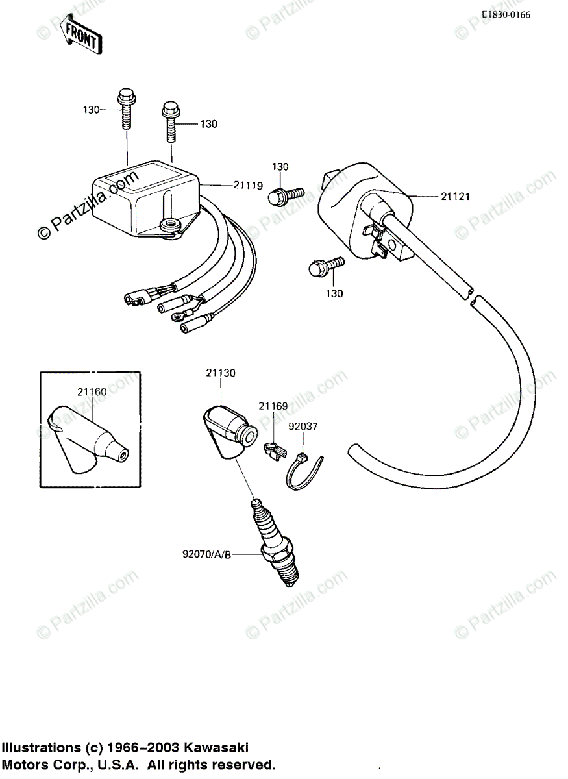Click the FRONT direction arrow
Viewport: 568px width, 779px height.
79,36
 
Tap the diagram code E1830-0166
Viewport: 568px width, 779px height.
506,14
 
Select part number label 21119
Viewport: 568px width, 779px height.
248,185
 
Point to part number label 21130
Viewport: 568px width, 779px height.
221,373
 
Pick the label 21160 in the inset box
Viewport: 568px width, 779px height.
92,391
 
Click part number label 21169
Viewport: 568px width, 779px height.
272,406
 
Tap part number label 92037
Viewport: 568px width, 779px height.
304,427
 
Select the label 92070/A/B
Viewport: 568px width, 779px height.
206,554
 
